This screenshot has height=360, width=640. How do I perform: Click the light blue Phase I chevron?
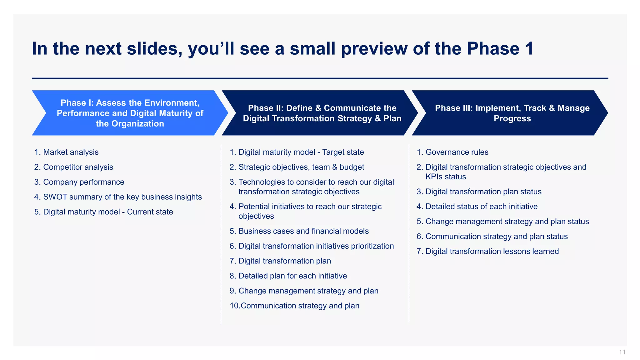[x=130, y=113]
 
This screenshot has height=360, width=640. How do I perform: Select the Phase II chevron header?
[x=322, y=113]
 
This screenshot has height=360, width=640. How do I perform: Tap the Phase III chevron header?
[x=512, y=113]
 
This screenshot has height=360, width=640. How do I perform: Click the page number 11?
[x=622, y=352]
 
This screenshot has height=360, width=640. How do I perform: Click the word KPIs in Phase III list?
[x=434, y=177]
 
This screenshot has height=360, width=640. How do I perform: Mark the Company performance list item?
[x=83, y=182]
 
